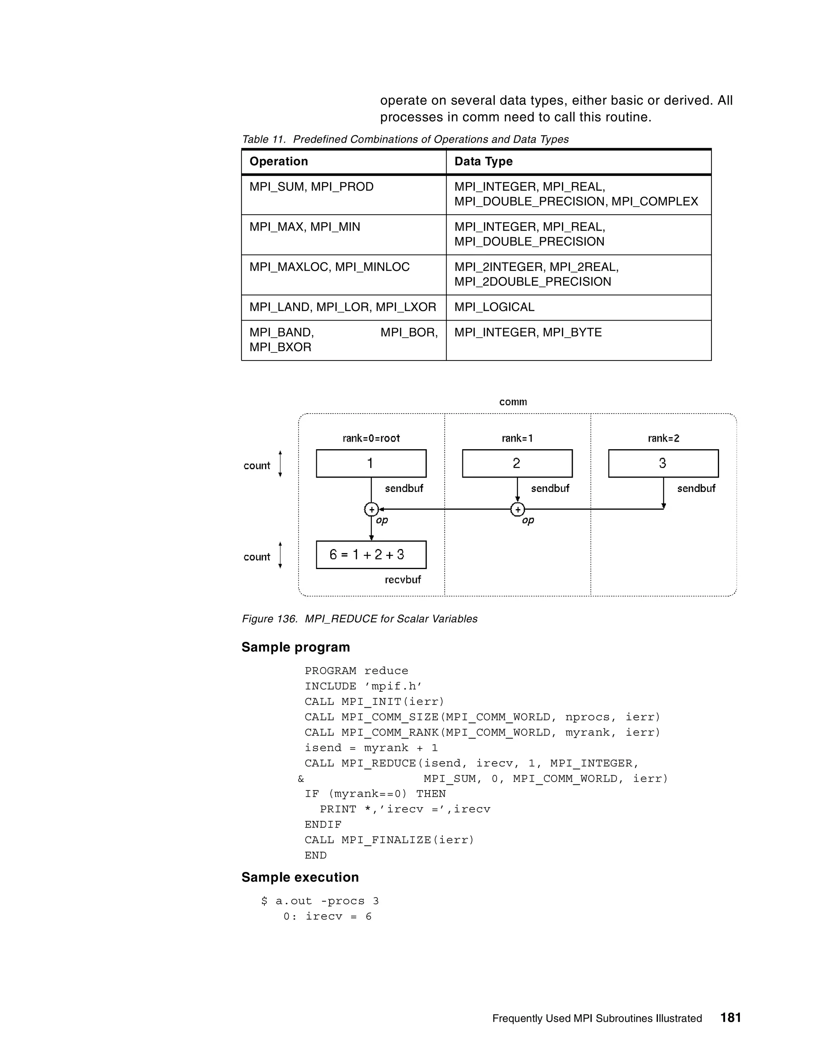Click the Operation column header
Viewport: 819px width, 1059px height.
(278, 161)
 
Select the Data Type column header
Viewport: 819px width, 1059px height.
(483, 161)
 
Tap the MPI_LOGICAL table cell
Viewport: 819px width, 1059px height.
(494, 307)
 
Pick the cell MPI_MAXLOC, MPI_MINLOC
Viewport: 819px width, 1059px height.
(330, 267)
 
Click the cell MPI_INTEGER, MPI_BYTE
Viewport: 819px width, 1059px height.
(528, 332)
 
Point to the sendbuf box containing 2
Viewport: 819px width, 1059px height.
(517, 464)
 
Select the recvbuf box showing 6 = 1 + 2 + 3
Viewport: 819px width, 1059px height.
(371, 555)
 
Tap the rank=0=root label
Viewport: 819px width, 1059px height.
(371, 438)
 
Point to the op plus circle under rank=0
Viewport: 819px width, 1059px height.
(371, 510)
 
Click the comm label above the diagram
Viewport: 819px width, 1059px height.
(513, 402)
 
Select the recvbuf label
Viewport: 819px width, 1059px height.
(403, 580)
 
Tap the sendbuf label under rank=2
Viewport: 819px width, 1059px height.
(696, 489)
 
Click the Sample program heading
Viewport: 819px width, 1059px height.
(296, 647)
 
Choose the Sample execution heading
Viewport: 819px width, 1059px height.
(300, 877)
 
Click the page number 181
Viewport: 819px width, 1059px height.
(730, 1017)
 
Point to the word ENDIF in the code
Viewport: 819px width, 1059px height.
(323, 825)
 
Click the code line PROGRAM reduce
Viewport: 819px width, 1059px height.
(356, 671)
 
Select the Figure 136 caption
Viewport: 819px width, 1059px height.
(359, 619)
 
